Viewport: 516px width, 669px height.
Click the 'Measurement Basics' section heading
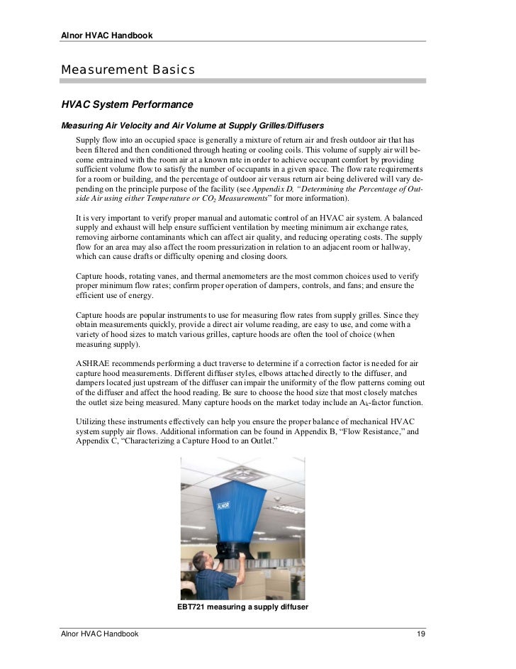[x=128, y=70]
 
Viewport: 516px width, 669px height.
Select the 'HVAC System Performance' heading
[x=127, y=104]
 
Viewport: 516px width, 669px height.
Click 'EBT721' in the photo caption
[x=192, y=607]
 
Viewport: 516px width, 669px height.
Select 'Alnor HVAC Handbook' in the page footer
[x=99, y=633]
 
